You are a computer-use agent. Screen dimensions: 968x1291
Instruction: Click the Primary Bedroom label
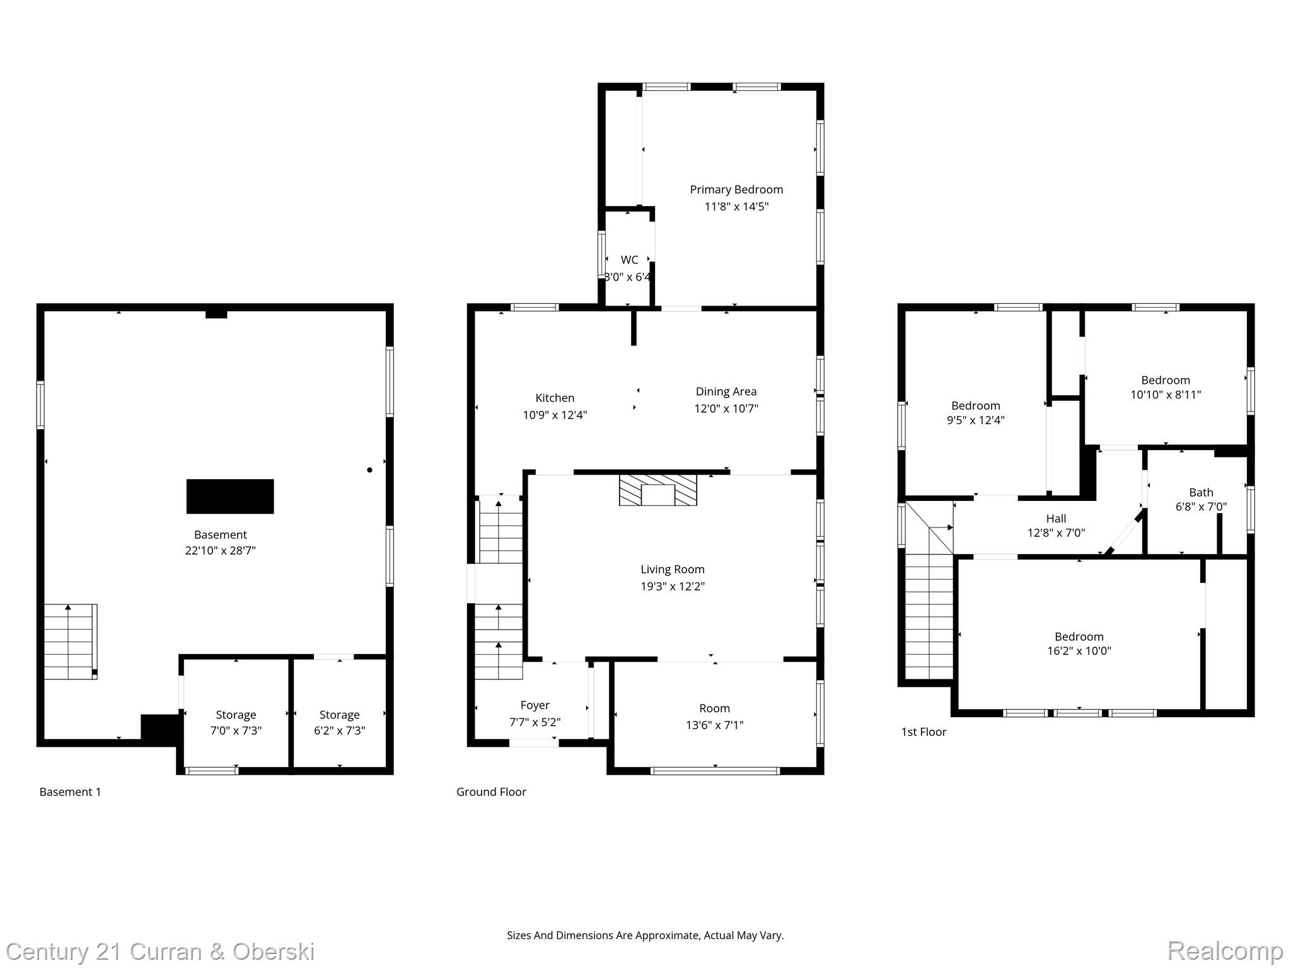coord(736,190)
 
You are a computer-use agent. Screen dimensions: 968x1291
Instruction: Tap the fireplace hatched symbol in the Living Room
coord(658,490)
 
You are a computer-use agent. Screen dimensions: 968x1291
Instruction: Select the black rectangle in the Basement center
coord(230,497)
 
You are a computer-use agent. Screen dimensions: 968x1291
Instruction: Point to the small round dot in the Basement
coord(369,470)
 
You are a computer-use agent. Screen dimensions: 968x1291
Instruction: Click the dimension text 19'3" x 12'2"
coord(673,586)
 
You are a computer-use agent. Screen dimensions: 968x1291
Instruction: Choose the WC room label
coord(629,260)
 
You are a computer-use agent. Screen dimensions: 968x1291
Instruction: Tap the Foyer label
coord(535,705)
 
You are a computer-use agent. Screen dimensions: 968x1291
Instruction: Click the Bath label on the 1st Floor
coord(1201,492)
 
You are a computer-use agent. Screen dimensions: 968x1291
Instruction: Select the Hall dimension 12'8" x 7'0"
coord(1056,533)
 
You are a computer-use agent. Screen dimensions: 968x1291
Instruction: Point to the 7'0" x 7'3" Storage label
coord(236,730)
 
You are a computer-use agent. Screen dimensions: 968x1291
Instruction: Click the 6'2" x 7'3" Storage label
coord(339,730)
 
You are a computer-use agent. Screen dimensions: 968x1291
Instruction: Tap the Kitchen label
coord(555,398)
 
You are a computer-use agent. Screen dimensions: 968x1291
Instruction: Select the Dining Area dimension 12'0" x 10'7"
coord(726,408)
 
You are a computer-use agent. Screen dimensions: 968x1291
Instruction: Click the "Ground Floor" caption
coord(491,792)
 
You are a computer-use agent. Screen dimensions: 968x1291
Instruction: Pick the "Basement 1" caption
coord(70,792)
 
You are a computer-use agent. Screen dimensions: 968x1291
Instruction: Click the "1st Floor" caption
coord(923,732)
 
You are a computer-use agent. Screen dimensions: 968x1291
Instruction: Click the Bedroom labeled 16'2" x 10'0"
coord(1079,637)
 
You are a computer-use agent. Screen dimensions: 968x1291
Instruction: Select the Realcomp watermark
coord(1225,951)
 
